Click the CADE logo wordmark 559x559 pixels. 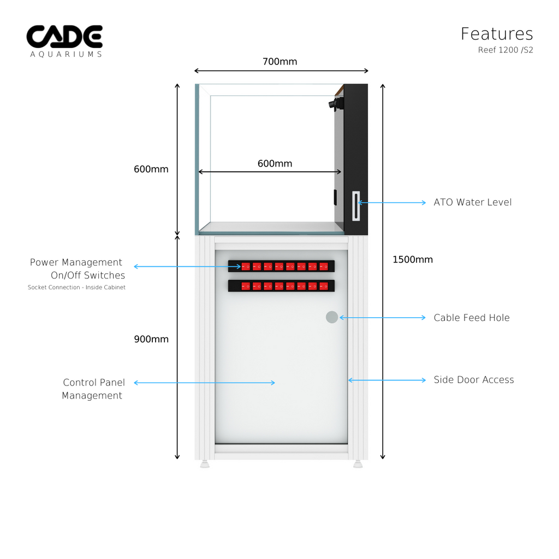click(64, 37)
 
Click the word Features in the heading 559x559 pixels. click(497, 34)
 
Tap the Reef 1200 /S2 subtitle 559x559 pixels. click(506, 50)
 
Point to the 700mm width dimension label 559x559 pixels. click(279, 61)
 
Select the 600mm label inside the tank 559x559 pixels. click(275, 164)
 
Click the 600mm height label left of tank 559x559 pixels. click(151, 169)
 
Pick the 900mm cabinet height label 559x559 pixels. click(151, 339)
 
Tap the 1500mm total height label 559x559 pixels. click(413, 259)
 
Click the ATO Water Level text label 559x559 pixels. click(473, 203)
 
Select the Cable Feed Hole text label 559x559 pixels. click(472, 318)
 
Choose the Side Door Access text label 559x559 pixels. click(474, 380)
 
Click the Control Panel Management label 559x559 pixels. click(93, 389)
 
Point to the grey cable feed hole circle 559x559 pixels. click(332, 317)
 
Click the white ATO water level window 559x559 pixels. click(356, 206)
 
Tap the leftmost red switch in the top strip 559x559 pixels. click(246, 266)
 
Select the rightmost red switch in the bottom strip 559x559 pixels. click(324, 286)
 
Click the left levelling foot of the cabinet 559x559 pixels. click(205, 465)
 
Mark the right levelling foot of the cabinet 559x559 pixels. click(358, 465)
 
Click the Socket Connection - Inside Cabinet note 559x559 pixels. click(76, 288)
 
